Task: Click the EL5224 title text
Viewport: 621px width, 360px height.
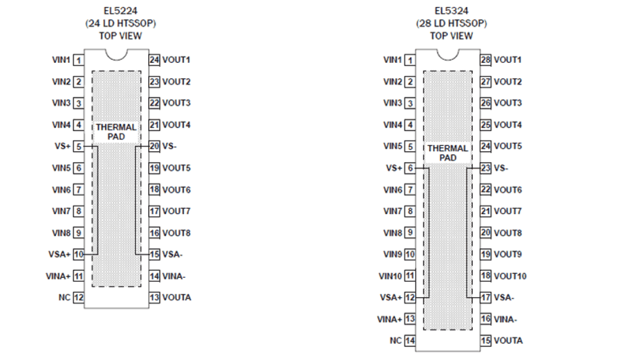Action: pos(120,10)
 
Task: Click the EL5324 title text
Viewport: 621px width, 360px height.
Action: pos(451,10)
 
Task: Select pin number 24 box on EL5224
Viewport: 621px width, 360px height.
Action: pos(154,60)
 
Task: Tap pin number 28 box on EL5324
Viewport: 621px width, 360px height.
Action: pos(486,60)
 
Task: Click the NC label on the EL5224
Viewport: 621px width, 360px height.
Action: pos(64,298)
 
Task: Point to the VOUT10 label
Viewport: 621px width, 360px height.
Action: pos(510,276)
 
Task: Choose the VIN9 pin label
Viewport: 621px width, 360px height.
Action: pos(393,255)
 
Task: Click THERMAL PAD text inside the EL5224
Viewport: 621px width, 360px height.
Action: pos(116,132)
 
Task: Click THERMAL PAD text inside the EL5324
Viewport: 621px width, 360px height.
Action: pos(447,153)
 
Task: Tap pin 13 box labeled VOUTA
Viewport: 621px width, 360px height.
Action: pos(154,298)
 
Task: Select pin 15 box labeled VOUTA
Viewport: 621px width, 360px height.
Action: pos(486,341)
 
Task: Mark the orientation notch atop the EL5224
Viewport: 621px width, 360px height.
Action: pos(116,53)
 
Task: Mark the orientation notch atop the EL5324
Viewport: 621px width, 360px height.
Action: pos(447,53)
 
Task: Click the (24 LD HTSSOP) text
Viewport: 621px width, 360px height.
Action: pos(120,23)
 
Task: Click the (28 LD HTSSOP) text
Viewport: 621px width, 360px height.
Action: pos(451,23)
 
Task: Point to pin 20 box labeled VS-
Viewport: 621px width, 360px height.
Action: pos(154,146)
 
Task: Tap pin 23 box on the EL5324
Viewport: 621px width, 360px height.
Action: pos(486,168)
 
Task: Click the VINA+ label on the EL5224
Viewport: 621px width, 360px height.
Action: pos(58,276)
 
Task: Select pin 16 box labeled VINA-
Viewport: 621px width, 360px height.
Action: pos(486,319)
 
